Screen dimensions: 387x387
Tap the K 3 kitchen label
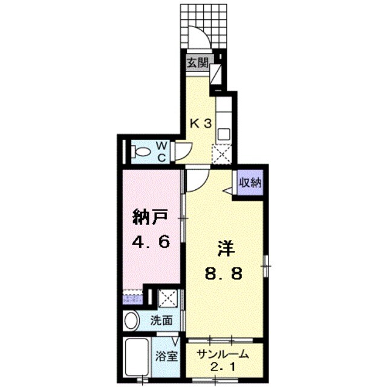202,123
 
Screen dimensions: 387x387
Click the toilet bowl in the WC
139,152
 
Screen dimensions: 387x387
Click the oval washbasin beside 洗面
131,321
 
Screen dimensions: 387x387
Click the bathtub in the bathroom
138,358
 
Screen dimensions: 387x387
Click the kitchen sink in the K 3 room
222,134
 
